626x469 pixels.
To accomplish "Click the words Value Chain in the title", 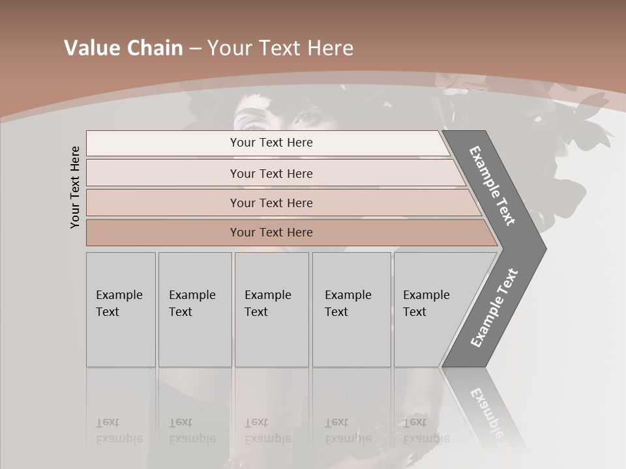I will (123, 48).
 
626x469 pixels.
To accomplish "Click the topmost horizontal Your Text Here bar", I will (271, 143).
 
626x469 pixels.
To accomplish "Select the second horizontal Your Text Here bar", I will (271, 173).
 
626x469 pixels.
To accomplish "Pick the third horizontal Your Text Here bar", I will (271, 203).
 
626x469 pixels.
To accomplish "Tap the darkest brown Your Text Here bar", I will (271, 233).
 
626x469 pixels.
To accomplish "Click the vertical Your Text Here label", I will (75, 187).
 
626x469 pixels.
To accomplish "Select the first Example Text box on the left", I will (121, 309).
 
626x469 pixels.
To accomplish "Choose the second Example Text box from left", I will (194, 309).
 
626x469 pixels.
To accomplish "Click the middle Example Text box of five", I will (271, 309).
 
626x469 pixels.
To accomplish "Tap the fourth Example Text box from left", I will (351, 309).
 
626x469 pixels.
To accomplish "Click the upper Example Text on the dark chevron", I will (492, 186).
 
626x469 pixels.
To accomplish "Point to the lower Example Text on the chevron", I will (494, 307).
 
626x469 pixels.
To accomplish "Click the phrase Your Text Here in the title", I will (280, 48).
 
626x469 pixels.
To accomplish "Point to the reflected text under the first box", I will (119, 431).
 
